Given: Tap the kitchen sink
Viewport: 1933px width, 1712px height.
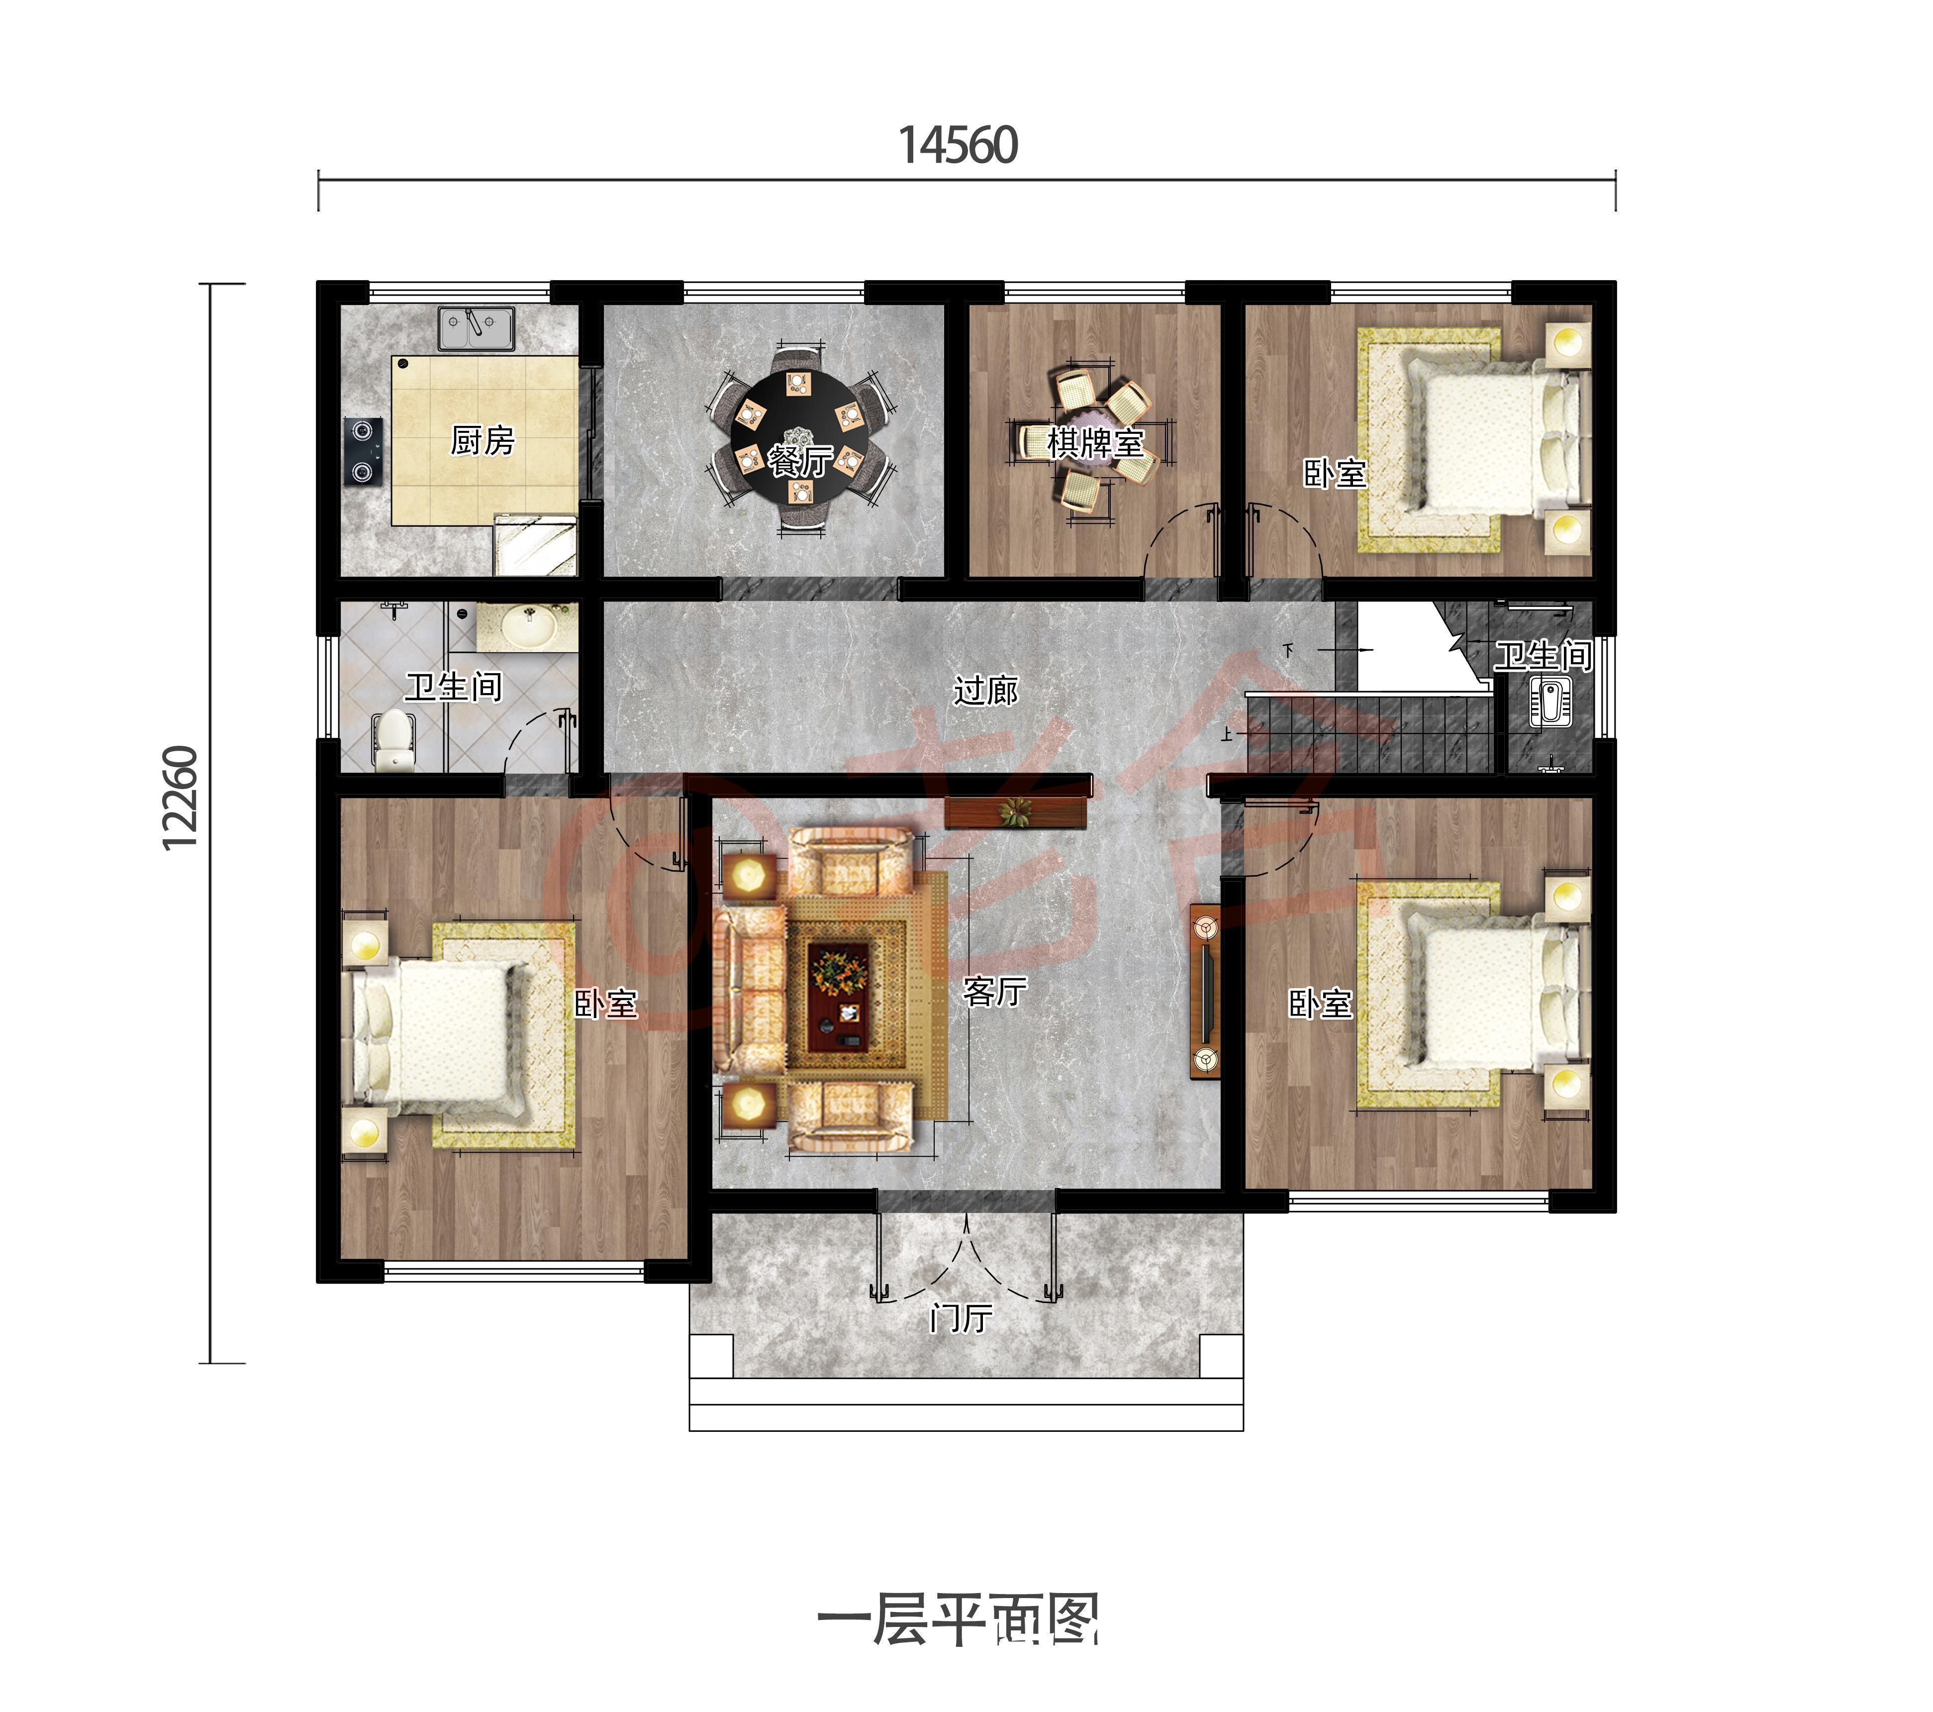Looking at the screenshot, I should coord(476,328).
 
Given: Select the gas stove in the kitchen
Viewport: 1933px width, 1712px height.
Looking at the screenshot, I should coord(362,451).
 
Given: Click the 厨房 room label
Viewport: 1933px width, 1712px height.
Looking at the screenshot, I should coord(483,441).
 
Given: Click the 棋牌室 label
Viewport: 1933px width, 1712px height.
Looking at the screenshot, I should coord(1095,443).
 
